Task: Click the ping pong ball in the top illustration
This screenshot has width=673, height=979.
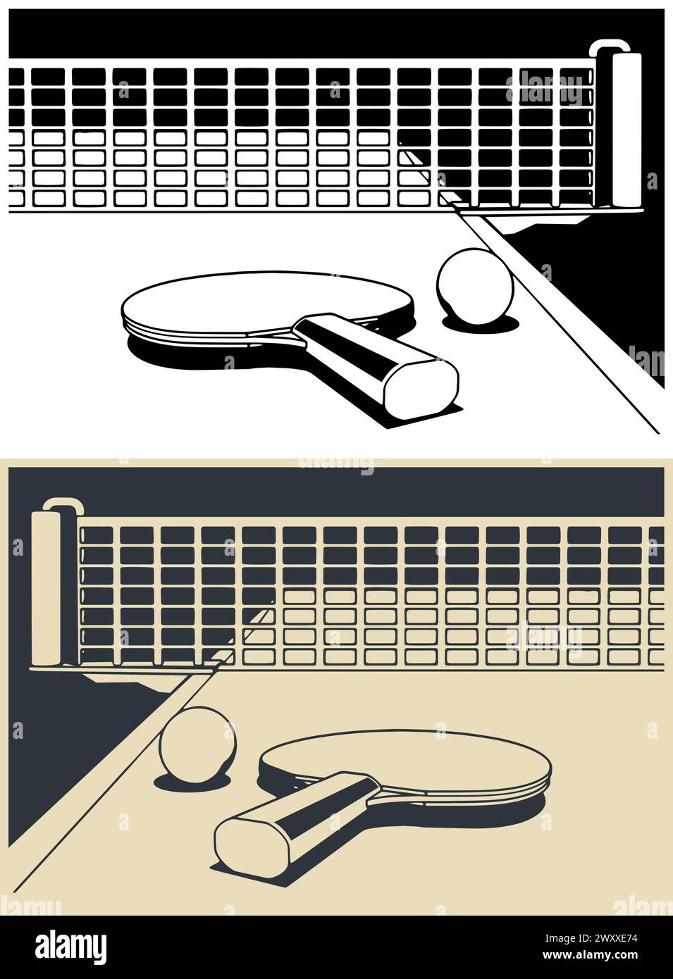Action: pos(475,286)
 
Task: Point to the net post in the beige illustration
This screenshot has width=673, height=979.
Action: pos(46,588)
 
